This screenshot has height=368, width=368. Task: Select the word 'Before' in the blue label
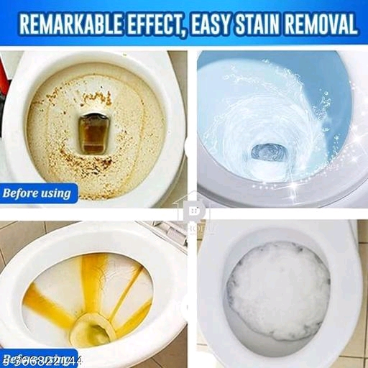(x=23, y=193)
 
